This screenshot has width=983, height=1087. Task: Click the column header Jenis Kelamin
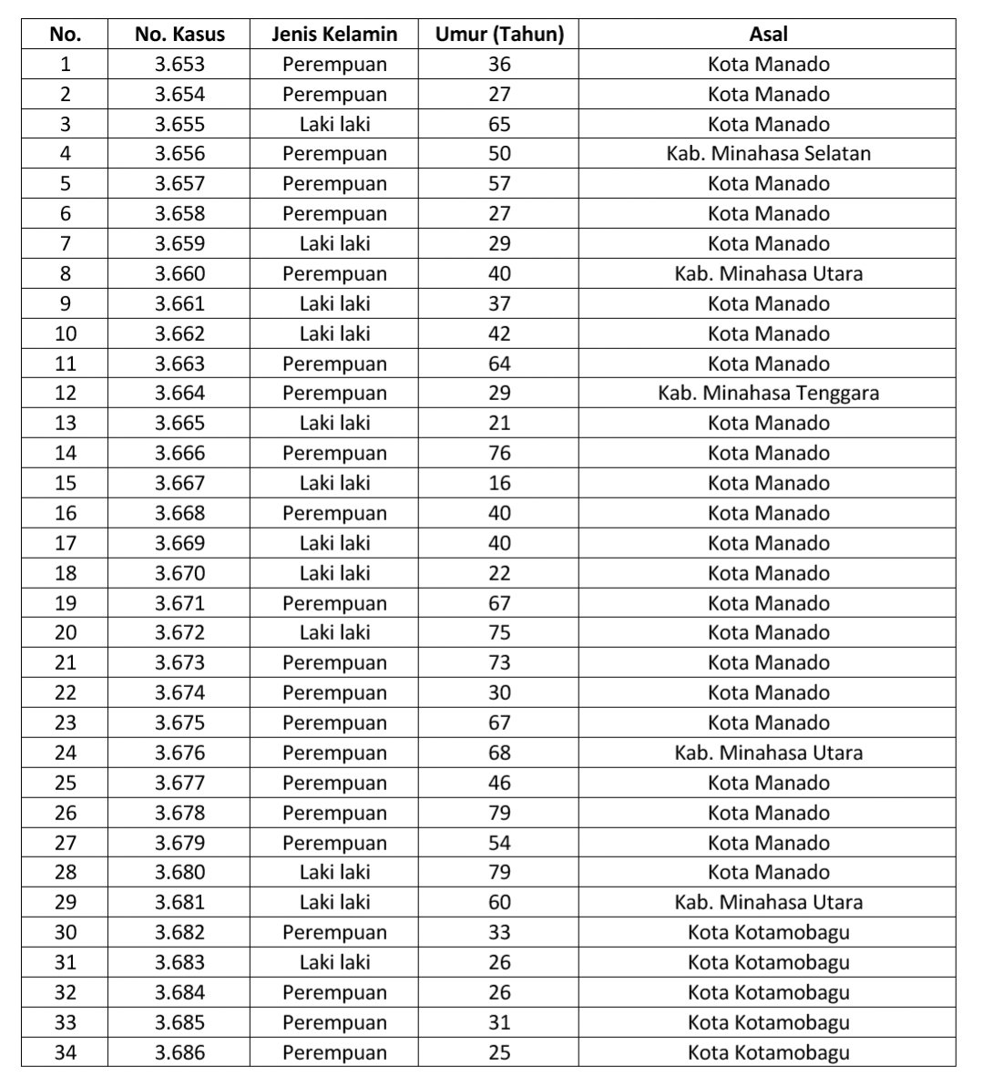tap(334, 35)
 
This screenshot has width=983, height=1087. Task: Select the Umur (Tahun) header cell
tap(499, 35)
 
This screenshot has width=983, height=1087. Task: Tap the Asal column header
tap(768, 35)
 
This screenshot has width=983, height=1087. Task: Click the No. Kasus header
tap(179, 35)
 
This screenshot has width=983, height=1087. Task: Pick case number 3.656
tap(179, 153)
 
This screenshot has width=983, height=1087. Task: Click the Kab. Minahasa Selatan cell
tap(768, 153)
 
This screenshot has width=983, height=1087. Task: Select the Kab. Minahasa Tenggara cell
tap(768, 393)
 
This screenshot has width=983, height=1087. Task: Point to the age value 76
tap(499, 453)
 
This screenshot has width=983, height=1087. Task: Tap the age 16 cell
tap(499, 483)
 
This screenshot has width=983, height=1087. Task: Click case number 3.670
tap(179, 573)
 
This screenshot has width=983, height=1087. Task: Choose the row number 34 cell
tap(66, 1052)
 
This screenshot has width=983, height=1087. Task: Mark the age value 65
tap(499, 124)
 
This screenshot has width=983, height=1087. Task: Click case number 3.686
tap(179, 1052)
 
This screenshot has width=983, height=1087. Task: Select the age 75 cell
tap(499, 632)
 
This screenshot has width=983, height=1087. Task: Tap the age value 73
tap(499, 662)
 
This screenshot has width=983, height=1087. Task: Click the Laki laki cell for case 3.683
tap(334, 962)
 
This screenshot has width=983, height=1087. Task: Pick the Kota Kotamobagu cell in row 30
tap(768, 932)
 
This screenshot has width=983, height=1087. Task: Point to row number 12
tap(66, 393)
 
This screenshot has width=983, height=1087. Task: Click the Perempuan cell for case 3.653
tap(334, 64)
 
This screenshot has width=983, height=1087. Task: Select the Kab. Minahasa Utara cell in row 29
tap(768, 902)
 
